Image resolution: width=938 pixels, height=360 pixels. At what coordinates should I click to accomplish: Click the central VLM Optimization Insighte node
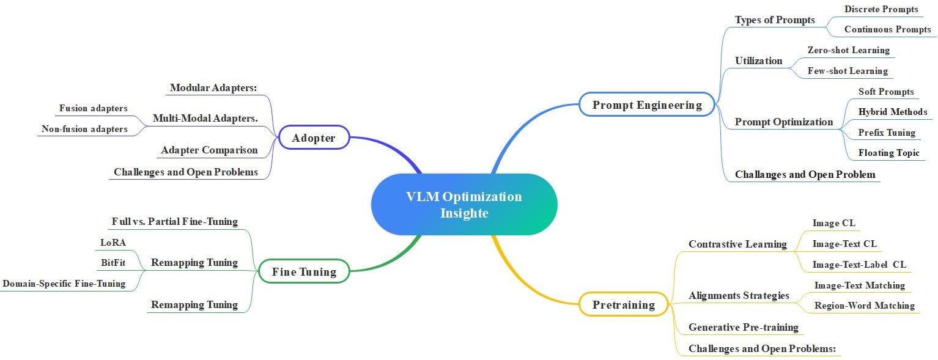(x=464, y=205)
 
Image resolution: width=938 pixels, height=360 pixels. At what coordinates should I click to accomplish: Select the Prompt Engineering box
(x=647, y=105)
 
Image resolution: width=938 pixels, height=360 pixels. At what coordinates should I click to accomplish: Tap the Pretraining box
(x=623, y=304)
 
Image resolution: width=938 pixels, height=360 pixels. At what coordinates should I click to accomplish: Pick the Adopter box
(x=314, y=138)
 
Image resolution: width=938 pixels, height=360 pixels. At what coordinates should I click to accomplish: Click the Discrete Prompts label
(x=881, y=9)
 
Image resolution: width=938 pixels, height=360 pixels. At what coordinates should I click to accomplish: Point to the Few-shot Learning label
(x=848, y=71)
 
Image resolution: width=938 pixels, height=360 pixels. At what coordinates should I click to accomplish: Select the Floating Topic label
(x=888, y=153)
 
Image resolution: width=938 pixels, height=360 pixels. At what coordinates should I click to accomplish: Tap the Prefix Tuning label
(x=887, y=133)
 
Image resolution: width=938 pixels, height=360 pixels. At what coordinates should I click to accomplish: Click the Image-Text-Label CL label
(x=859, y=265)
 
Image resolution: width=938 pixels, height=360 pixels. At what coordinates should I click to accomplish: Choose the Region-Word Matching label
(x=865, y=305)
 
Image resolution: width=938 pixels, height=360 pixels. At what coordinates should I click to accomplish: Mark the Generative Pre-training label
(x=744, y=327)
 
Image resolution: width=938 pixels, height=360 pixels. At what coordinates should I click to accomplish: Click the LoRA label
(x=113, y=243)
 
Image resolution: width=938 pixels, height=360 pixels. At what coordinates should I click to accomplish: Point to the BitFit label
(x=113, y=263)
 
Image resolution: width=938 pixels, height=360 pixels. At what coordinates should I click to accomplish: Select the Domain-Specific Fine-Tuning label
(x=64, y=284)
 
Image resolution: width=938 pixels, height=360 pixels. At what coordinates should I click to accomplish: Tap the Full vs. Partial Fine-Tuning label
(x=175, y=221)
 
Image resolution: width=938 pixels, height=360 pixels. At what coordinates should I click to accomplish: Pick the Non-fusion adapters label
(x=85, y=129)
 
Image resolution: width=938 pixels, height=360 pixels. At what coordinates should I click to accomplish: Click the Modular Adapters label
(x=213, y=87)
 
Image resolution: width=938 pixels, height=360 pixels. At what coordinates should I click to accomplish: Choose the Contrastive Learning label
(x=737, y=244)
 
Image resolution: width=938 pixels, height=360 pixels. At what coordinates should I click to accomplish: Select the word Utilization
(x=758, y=61)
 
